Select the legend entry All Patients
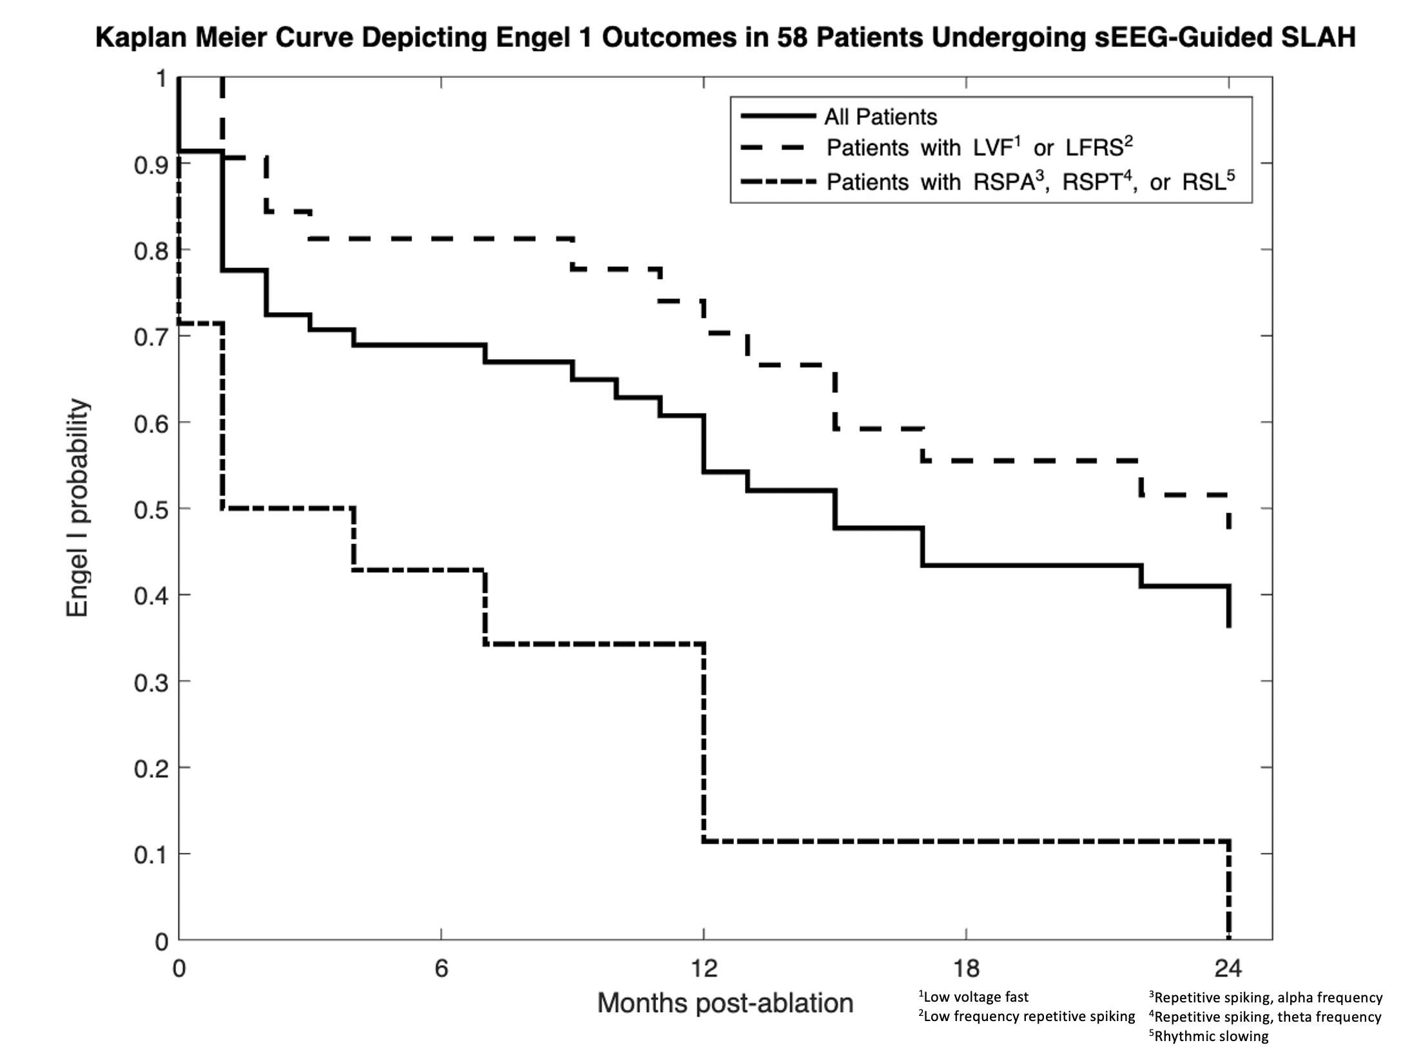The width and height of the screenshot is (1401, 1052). (880, 117)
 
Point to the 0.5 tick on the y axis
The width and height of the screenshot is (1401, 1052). (150, 509)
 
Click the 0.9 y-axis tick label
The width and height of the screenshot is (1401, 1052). (150, 165)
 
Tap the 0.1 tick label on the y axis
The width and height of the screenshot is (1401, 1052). (150, 855)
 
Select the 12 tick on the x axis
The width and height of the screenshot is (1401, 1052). (704, 969)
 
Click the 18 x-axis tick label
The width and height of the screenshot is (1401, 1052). (966, 969)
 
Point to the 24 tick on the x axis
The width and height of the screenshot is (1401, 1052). (1228, 969)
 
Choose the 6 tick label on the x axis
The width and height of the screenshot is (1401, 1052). (441, 969)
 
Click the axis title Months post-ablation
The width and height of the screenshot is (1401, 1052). (725, 1004)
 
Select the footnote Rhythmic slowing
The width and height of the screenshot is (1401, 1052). (1211, 1037)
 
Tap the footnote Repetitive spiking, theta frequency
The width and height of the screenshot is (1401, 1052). (1267, 1017)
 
